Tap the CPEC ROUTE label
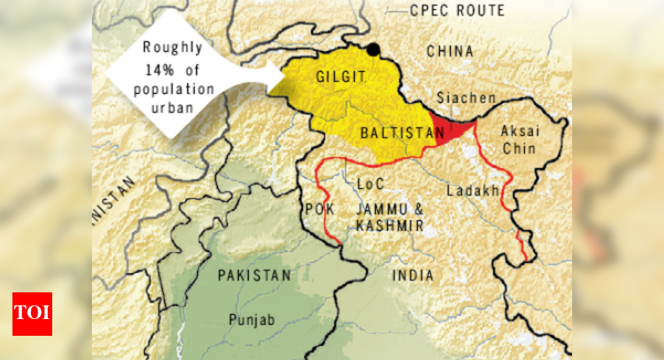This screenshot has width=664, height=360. [457, 11]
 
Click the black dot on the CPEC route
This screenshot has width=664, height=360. [373, 50]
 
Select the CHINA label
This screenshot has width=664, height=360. [450, 52]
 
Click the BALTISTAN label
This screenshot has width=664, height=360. [402, 133]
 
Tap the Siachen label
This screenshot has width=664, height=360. [466, 97]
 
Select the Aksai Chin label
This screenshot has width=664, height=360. [521, 140]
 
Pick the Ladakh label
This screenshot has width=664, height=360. [473, 191]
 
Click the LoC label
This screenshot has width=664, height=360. [371, 184]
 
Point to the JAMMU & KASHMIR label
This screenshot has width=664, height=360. [389, 217]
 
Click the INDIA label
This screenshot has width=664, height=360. [412, 275]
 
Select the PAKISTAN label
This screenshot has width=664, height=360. [254, 276]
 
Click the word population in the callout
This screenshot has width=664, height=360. [174, 89]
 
